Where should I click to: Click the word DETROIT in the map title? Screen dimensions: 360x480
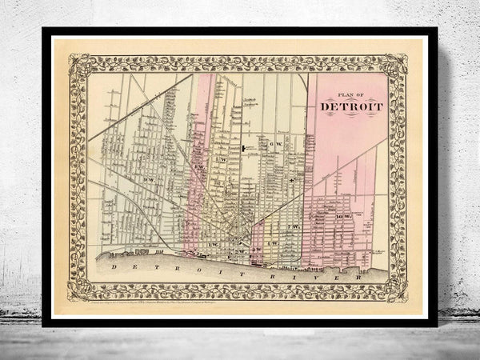tap(351, 106)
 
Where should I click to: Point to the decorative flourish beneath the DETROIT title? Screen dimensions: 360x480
tap(351, 117)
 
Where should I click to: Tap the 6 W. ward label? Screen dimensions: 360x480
tap(274, 143)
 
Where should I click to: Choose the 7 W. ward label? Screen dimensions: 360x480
tap(294, 227)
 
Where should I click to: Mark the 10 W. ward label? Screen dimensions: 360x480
tap(346, 217)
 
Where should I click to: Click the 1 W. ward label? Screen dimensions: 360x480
tap(214, 242)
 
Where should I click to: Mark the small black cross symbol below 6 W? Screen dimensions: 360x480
tap(293, 180)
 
